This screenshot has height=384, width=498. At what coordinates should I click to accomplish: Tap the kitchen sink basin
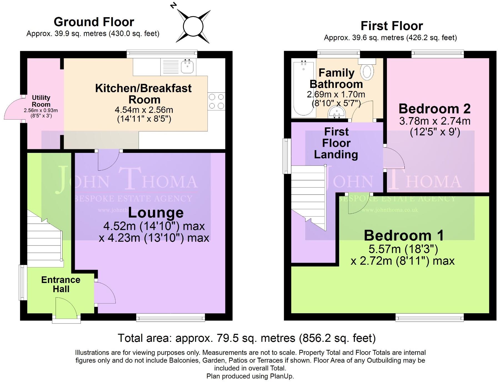(x=187, y=67)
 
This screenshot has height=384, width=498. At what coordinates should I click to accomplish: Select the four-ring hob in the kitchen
(x=216, y=101)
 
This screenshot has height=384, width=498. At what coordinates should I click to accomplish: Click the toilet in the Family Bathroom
(x=367, y=72)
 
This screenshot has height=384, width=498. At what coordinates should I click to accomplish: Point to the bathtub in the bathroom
(x=303, y=89)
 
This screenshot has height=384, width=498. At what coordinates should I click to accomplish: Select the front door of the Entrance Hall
(x=66, y=308)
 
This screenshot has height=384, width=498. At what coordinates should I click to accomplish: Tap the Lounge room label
(x=156, y=213)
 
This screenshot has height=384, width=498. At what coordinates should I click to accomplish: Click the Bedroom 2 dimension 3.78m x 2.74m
(x=435, y=121)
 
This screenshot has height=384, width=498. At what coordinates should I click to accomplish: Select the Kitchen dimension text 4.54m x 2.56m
(x=144, y=110)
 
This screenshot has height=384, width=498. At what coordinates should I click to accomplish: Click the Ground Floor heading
(x=94, y=22)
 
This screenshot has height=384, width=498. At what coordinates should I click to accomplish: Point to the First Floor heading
(x=391, y=26)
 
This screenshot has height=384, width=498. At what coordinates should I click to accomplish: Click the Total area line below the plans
(x=247, y=338)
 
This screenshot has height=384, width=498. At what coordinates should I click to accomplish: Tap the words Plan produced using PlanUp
(x=250, y=376)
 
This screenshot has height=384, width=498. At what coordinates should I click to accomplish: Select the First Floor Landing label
(x=336, y=143)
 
